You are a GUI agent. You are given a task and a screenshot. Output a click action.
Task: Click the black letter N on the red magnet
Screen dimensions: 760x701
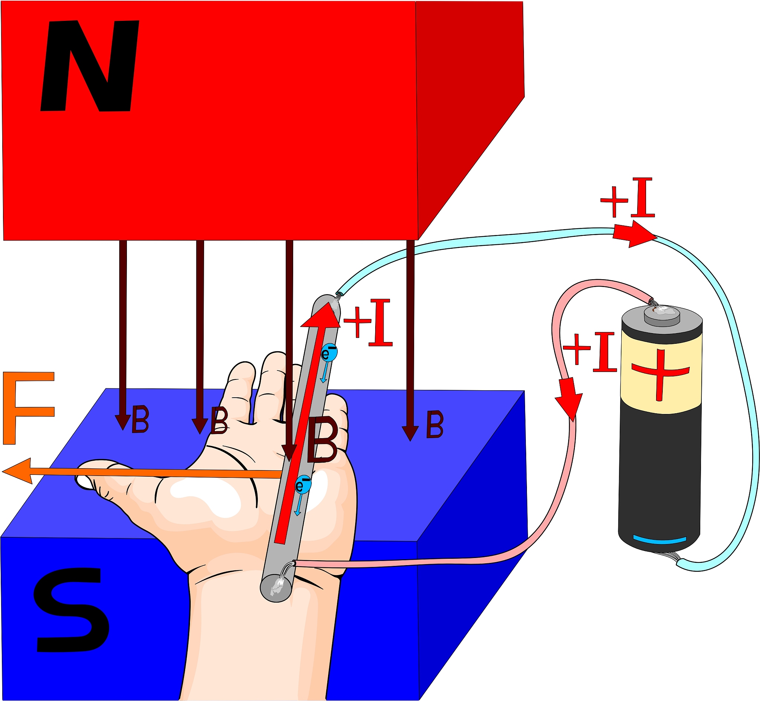coord(90,66)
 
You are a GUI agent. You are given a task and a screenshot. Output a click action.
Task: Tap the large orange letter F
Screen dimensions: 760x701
coord(29,408)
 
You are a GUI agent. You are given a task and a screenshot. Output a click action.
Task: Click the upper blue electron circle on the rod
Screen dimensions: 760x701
coord(329,353)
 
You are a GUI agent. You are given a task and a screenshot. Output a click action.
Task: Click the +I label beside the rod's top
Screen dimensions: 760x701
coord(368,323)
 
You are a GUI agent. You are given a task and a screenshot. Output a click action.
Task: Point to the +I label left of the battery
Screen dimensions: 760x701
coord(589,352)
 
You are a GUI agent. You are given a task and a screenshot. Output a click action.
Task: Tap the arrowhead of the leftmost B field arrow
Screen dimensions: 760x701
coord(123,422)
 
